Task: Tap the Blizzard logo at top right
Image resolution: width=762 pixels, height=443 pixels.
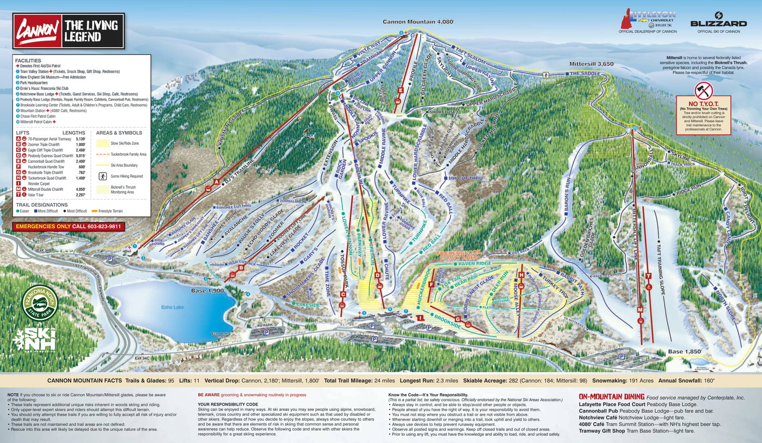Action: [x=718, y=22]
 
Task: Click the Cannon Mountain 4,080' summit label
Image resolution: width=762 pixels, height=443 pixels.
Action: [x=418, y=22]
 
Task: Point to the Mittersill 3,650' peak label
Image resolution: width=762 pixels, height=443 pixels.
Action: [x=592, y=64]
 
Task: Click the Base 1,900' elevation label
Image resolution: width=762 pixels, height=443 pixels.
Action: [x=208, y=291]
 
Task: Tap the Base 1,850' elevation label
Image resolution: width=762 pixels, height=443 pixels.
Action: [x=684, y=352]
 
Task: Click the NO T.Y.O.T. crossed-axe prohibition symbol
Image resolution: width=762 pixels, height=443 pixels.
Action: [x=703, y=90]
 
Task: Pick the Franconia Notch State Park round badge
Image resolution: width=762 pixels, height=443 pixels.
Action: [x=40, y=302]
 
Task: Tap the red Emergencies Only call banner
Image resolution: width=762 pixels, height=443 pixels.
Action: [x=69, y=226]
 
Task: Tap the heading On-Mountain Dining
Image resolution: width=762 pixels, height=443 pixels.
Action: [x=611, y=397]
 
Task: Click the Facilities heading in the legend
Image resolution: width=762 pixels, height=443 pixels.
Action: [x=28, y=60]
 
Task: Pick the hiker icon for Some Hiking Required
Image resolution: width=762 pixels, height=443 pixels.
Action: [x=101, y=176]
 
